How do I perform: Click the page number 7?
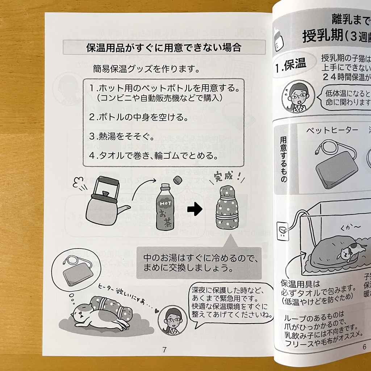[x=164, y=350]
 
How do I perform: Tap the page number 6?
[x=364, y=347]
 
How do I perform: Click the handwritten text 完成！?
[x=227, y=178]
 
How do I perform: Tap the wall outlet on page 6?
[x=283, y=231]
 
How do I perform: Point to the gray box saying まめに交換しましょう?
[x=199, y=263]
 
